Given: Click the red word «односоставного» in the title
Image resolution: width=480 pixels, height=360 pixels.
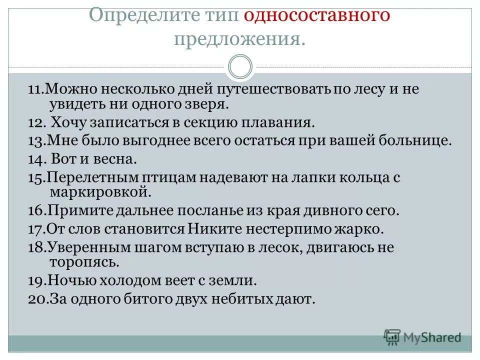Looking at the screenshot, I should tap(316, 15).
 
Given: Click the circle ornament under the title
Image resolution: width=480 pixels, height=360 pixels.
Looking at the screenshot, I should tap(240, 67).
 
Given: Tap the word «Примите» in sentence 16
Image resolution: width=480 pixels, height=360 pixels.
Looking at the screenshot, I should tap(80, 210).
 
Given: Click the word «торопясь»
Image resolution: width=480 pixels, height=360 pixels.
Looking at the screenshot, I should tap(84, 261).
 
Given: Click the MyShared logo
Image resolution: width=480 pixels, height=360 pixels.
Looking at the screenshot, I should tap(423, 337).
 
